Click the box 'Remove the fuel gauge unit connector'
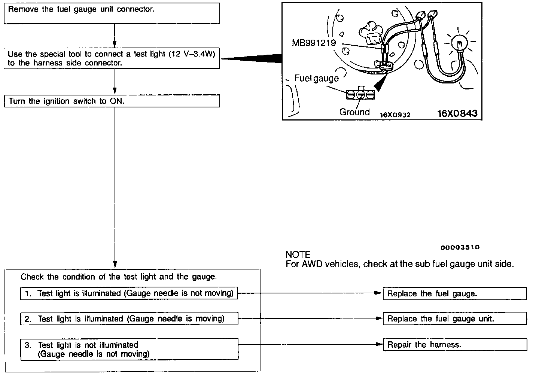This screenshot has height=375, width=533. point(112,13)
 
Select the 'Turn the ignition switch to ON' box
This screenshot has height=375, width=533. point(112,101)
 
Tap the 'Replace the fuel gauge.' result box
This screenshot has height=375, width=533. point(454,294)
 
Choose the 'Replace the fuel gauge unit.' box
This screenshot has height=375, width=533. point(454,319)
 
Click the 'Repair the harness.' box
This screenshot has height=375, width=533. point(454,345)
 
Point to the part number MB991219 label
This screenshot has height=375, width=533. point(314,43)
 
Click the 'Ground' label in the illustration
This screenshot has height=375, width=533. point(354,112)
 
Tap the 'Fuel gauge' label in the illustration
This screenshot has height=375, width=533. point(316,78)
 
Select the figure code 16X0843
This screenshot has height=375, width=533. point(457,113)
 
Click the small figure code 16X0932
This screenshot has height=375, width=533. point(395,115)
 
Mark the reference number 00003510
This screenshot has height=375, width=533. point(460,247)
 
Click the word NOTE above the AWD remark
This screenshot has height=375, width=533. point(298,255)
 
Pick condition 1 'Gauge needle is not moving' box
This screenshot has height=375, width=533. point(129,293)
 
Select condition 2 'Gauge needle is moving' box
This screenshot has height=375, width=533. point(129,319)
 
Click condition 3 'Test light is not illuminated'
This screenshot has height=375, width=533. point(129,349)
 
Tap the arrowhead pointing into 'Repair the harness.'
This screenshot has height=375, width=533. point(379,345)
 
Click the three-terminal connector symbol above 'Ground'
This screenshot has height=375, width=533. point(360,95)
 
